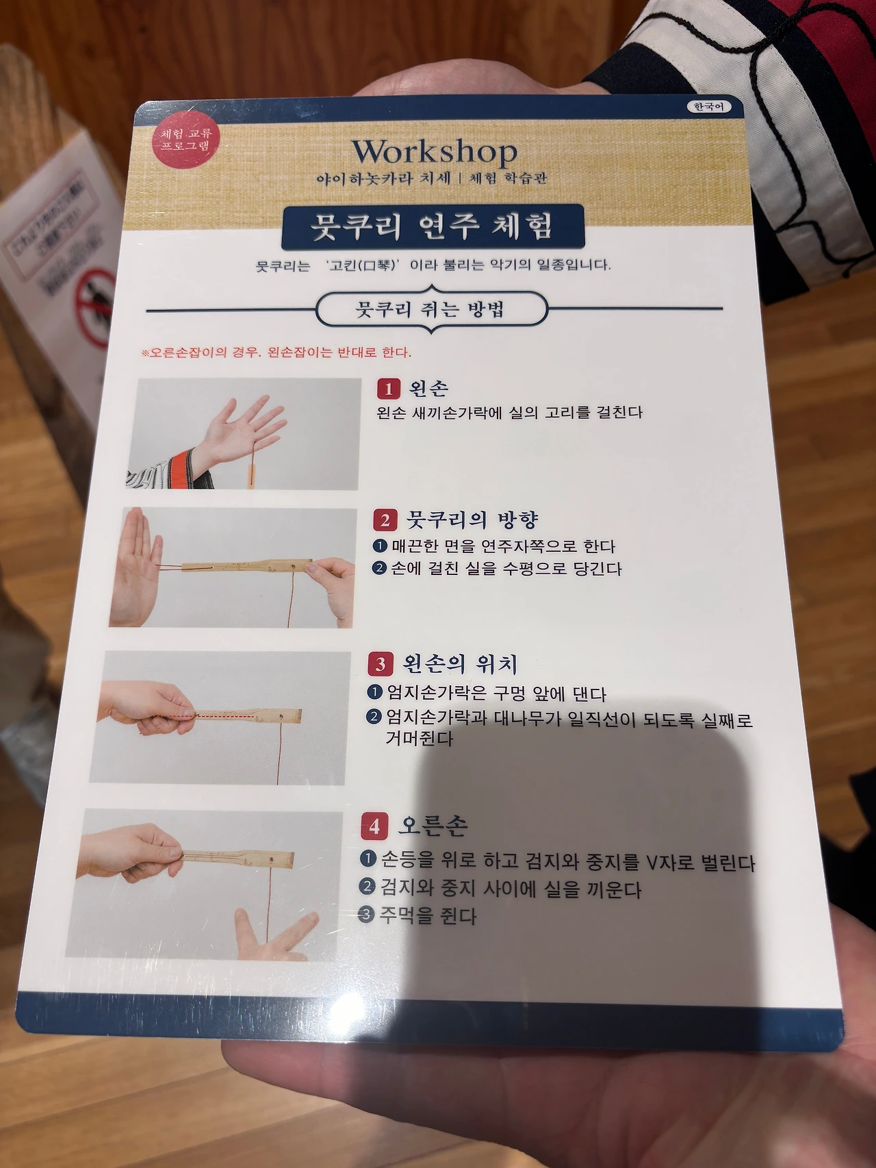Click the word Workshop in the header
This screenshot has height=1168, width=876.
434,153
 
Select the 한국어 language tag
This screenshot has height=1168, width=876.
708,107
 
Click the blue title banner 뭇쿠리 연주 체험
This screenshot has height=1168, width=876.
433,227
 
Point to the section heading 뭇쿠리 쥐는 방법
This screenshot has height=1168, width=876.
431,310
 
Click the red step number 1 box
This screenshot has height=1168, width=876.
388,389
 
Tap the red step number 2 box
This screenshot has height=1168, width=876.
385,520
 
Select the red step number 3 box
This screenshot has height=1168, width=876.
380,663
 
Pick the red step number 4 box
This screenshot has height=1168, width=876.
374,826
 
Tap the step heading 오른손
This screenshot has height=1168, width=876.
433,826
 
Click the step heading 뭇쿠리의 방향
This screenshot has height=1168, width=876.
472,520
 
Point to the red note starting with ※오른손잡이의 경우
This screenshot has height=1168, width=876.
276,353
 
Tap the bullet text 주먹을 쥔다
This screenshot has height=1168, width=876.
428,915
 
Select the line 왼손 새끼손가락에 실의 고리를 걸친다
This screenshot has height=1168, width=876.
509,413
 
